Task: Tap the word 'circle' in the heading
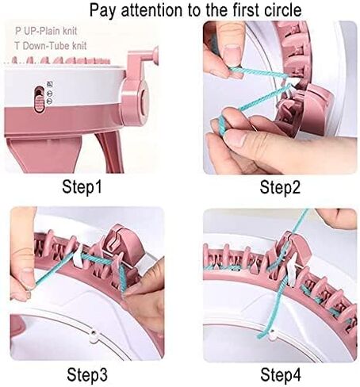[x=278, y=10]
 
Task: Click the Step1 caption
[x=83, y=187]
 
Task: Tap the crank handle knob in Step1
[x=153, y=55]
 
